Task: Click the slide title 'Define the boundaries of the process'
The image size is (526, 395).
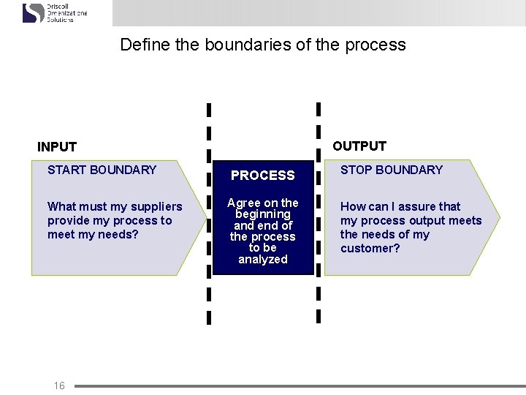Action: coord(262,45)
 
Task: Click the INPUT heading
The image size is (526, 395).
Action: coord(57,147)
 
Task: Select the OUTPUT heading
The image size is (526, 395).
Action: coord(359,146)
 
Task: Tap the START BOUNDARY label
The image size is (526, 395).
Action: coord(102,170)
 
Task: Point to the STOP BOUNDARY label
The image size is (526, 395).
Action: coord(392,170)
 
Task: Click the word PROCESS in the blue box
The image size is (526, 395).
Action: coord(262,176)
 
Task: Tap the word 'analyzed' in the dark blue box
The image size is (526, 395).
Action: coord(262,260)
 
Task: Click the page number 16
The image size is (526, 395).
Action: coord(59,385)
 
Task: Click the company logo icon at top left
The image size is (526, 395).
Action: coord(33,12)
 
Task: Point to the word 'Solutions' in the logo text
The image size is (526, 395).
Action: coord(60,20)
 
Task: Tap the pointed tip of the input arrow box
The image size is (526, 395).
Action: coord(205,217)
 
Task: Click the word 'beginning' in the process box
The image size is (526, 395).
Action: coord(262,214)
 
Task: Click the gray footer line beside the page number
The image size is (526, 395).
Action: coord(292,385)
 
